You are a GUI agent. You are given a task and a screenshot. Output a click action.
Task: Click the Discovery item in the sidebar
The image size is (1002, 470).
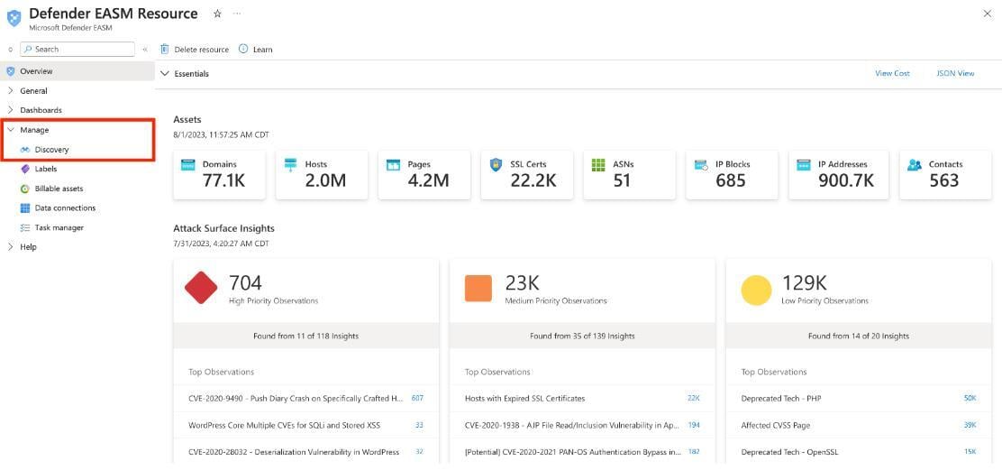click(51, 150)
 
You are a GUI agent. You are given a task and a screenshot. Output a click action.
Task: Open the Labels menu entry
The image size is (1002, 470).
click(45, 169)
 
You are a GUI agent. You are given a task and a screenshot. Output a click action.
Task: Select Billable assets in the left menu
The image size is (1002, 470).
click(59, 189)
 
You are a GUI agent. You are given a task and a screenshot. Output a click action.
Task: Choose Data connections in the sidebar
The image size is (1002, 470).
click(65, 207)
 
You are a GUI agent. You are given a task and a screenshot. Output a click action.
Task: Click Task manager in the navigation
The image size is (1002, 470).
click(59, 227)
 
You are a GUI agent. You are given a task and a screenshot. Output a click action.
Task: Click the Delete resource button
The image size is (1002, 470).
click(195, 50)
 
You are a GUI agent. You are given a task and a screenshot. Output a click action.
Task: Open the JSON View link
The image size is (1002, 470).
click(955, 73)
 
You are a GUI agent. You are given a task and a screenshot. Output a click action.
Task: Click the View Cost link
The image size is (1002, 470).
click(892, 73)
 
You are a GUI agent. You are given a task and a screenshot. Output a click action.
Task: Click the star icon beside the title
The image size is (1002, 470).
click(217, 14)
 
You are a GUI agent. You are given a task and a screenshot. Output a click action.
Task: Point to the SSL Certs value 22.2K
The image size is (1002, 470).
click(533, 180)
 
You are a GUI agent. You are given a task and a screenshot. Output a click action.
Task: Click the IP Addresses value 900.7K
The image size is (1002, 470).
click(846, 180)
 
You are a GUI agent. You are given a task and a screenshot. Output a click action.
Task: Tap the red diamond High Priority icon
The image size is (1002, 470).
click(201, 289)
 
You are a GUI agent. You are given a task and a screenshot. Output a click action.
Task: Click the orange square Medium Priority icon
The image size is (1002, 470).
click(478, 289)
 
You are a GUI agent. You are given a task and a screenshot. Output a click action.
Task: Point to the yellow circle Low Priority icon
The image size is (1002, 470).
click(756, 290)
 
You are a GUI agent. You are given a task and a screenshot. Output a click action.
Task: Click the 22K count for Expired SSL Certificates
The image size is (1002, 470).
click(693, 398)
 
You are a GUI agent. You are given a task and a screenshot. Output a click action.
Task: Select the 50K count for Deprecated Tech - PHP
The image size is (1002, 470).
click(970, 398)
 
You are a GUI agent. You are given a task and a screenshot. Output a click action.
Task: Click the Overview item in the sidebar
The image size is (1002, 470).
click(36, 71)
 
